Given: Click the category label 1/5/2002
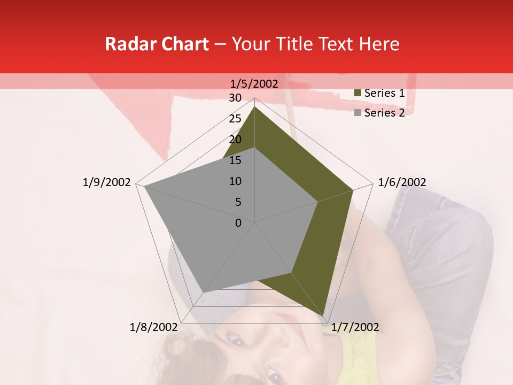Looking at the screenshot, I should click(254, 83).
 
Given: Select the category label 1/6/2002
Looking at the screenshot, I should click(402, 182).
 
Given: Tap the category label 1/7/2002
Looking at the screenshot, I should click(355, 327).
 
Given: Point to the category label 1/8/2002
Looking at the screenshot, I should click(154, 327).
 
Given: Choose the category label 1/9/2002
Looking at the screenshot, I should click(107, 182).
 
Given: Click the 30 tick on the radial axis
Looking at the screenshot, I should click(235, 98).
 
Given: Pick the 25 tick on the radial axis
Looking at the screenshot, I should click(235, 119).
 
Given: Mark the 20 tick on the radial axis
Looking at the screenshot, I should click(235, 140).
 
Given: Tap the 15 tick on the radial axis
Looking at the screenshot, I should click(235, 160).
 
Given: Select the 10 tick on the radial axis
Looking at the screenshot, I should click(235, 181).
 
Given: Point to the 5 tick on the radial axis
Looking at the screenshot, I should click(238, 202).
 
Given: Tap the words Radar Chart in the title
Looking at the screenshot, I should click(157, 44).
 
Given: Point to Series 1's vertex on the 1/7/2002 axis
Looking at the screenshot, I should click(323, 315).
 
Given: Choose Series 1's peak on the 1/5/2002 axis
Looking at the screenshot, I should click(254, 106).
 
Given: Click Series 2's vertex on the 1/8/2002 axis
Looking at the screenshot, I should click(203, 292).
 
